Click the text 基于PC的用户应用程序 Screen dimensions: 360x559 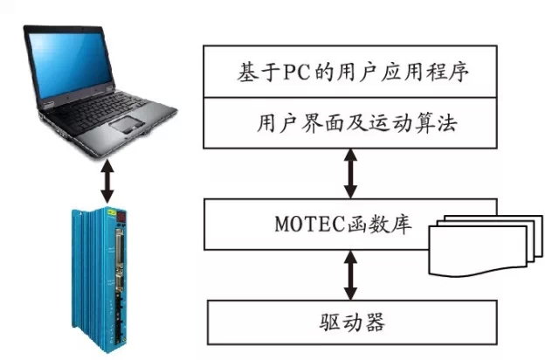353,72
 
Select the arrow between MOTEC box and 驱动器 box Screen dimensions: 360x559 350,273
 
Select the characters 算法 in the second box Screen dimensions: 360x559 441,123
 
